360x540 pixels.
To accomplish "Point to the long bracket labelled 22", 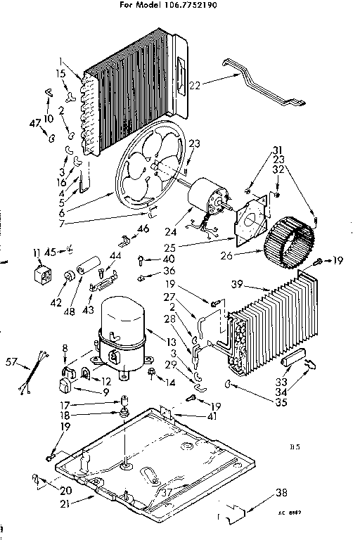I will (260, 81).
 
